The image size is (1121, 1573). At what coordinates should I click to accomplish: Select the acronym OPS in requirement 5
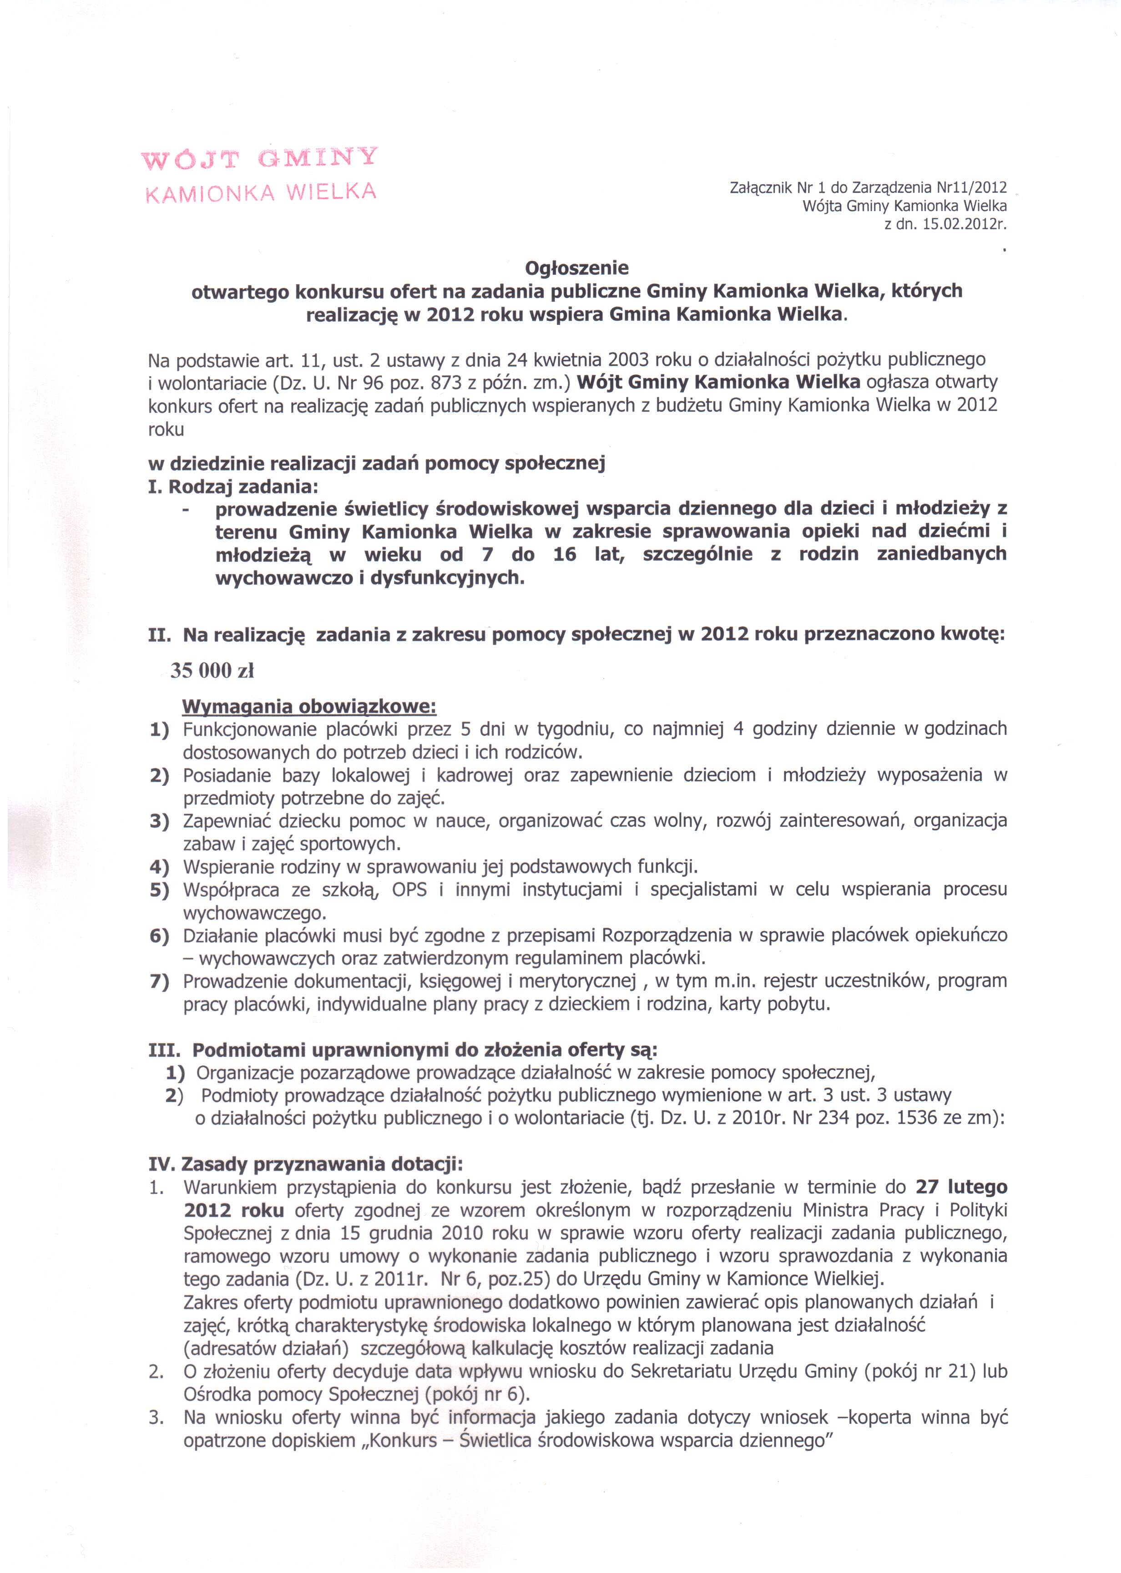click(x=409, y=890)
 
